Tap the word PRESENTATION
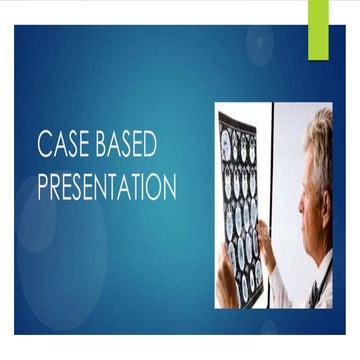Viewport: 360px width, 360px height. [107, 188]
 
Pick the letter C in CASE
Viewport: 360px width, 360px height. [45, 145]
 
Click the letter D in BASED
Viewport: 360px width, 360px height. [149, 145]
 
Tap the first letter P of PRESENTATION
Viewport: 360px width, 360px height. [43, 188]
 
